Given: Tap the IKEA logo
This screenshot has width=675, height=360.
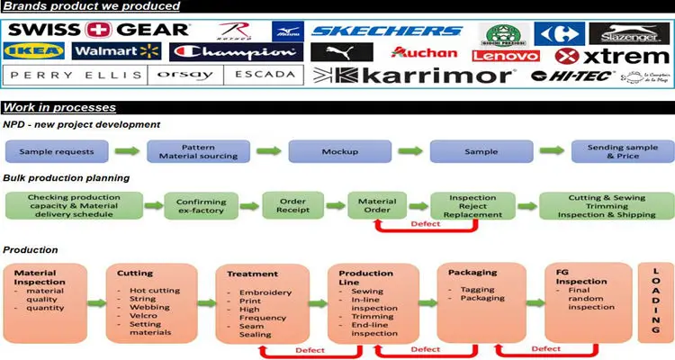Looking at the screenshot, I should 36,51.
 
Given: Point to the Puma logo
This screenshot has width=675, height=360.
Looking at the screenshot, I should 341,52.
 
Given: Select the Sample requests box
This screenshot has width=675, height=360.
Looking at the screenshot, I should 57,151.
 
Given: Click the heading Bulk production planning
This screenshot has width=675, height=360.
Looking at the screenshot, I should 67,178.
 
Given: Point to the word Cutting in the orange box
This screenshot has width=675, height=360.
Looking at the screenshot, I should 135,273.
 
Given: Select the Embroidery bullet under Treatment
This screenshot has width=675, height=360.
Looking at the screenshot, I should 266,292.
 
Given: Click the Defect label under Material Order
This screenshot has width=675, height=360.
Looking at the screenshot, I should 425,224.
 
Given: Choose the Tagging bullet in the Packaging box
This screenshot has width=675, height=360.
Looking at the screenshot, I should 472,290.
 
